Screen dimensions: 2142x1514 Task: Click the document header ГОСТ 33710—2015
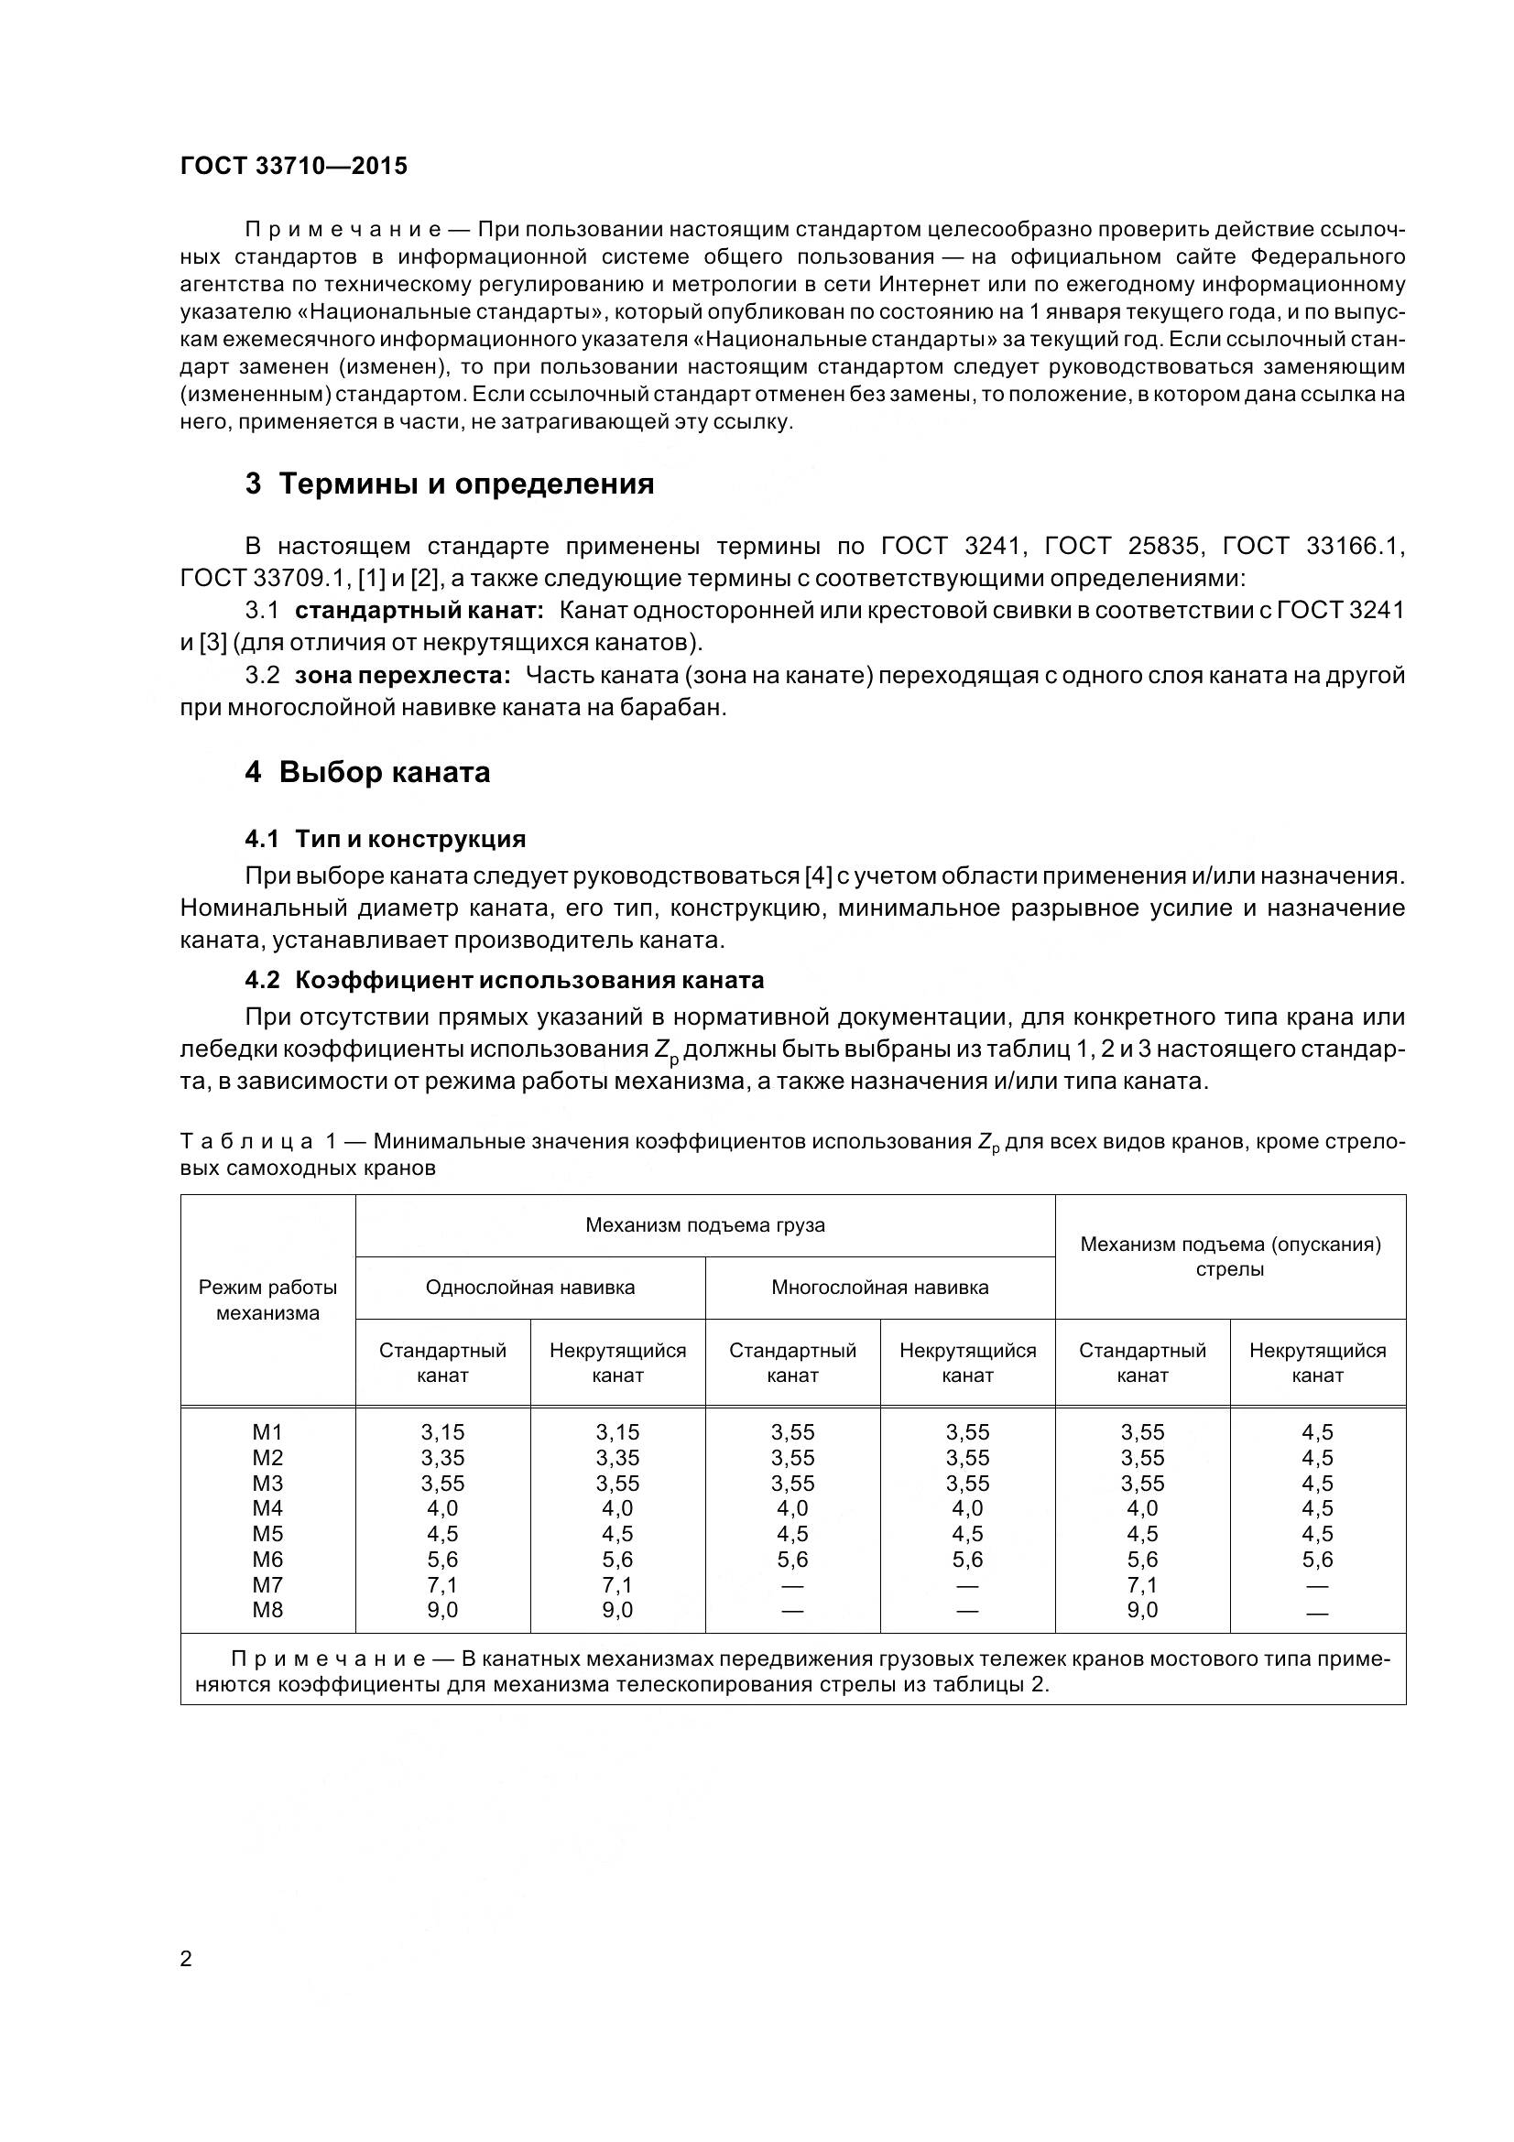point(294,166)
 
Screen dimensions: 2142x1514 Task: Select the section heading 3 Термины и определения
point(449,484)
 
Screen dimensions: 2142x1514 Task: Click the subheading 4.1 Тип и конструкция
point(386,839)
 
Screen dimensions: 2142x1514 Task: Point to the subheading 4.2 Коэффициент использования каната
point(504,980)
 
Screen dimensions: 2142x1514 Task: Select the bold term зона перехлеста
point(402,675)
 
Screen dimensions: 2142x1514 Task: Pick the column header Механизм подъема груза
point(704,1225)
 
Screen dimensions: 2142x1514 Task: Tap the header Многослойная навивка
point(879,1288)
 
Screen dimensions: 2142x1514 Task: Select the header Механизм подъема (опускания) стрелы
point(1229,1256)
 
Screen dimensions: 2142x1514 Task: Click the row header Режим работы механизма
point(267,1299)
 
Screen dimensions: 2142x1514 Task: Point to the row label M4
point(267,1508)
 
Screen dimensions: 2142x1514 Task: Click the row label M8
point(267,1610)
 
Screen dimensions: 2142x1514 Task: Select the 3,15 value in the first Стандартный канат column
point(442,1432)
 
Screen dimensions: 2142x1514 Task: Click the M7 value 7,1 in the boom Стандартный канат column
point(1142,1585)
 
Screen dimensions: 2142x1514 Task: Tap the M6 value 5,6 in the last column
point(1317,1559)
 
